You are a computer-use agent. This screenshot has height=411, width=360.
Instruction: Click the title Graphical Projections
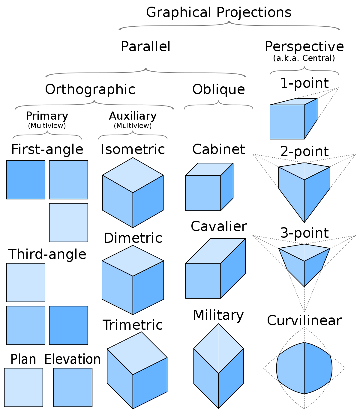218,13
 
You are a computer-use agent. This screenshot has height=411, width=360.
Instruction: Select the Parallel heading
145,46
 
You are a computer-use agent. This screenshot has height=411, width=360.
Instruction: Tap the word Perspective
304,47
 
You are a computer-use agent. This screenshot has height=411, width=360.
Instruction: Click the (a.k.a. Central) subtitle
304,58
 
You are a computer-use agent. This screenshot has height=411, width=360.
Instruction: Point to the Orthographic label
90,90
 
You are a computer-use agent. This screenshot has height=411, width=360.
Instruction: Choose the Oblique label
218,90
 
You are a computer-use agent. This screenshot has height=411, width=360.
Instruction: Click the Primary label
47,116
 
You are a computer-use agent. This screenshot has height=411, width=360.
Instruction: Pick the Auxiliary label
133,116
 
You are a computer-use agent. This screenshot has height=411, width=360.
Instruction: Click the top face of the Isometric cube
133,175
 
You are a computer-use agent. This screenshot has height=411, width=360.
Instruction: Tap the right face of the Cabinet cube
227,187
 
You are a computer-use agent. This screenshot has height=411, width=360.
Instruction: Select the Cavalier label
219,226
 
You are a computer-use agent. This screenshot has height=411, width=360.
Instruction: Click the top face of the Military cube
218,349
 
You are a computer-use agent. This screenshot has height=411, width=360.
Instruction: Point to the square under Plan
23,388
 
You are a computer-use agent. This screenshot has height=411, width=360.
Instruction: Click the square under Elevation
73,388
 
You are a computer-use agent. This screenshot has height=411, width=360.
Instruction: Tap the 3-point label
304,233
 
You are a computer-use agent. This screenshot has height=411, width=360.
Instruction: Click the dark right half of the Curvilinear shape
318,368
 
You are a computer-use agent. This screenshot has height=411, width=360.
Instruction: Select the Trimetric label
133,325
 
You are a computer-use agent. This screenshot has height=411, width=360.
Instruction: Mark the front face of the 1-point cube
287,122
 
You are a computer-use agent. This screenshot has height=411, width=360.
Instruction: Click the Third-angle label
47,254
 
